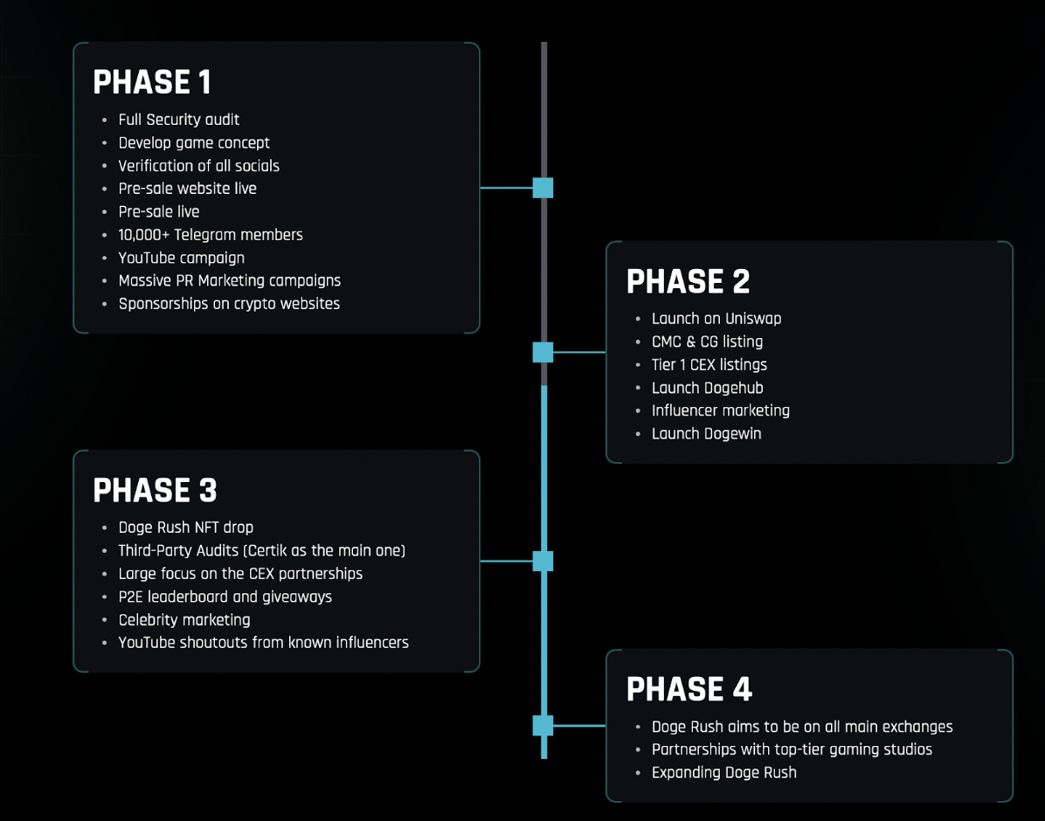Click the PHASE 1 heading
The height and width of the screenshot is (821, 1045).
[x=152, y=82]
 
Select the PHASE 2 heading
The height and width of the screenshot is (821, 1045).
[x=688, y=281]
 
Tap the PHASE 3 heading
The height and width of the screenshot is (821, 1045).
[x=155, y=490]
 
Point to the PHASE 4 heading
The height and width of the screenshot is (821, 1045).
[x=689, y=689]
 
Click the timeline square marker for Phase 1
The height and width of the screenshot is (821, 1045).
[x=543, y=188]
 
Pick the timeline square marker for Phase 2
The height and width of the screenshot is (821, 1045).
[x=543, y=352]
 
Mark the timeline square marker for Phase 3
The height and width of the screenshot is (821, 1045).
[x=543, y=561]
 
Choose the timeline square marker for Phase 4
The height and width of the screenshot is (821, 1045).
[x=543, y=725]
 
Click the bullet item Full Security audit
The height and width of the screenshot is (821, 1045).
[x=178, y=120]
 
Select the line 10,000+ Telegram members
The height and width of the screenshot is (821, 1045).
[x=211, y=235]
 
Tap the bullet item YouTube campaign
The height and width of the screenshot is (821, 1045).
[x=181, y=258]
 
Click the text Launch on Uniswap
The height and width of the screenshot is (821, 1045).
[x=716, y=319]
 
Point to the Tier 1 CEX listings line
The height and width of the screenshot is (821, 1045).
[x=709, y=364]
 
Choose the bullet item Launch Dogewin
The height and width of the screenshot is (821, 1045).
[x=707, y=434]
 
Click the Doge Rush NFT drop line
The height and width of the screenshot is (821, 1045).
[x=186, y=528]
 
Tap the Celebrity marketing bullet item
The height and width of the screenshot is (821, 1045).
[x=184, y=620]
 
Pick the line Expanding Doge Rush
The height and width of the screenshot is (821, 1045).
[x=723, y=772]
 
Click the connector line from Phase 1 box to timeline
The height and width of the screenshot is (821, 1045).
[x=507, y=188]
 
